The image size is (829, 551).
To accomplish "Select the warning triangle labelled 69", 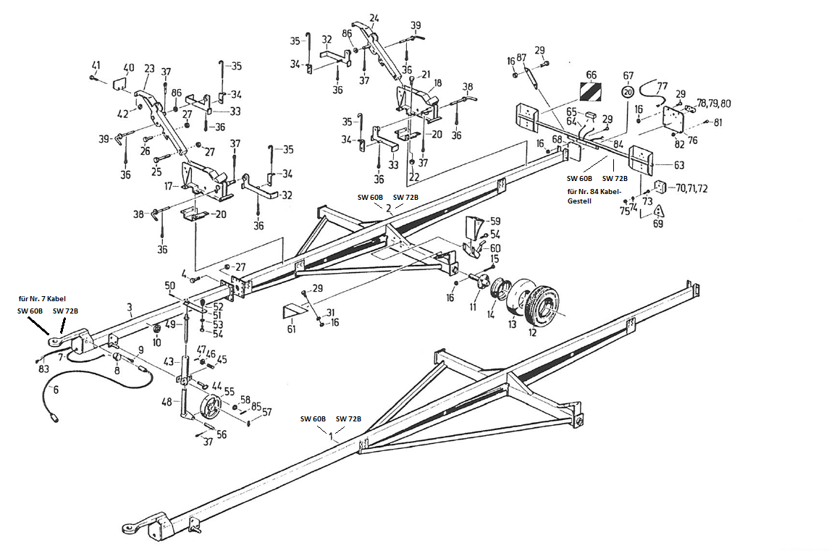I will [x=659, y=211].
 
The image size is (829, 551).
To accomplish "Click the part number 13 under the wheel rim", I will [x=513, y=324].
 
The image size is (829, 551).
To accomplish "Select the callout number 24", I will [x=374, y=18].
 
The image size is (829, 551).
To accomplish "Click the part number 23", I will [x=150, y=69].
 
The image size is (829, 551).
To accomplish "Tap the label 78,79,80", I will [x=713, y=104].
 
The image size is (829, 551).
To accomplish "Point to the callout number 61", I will [x=290, y=329].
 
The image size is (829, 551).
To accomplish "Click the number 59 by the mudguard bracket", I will [x=495, y=221].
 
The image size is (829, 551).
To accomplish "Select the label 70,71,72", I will [x=691, y=188].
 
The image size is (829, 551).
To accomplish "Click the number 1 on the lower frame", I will [x=332, y=437].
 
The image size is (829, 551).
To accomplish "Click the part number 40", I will [x=128, y=69].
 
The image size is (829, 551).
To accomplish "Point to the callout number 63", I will [x=678, y=165].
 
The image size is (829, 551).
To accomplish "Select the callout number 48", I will [x=167, y=402].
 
